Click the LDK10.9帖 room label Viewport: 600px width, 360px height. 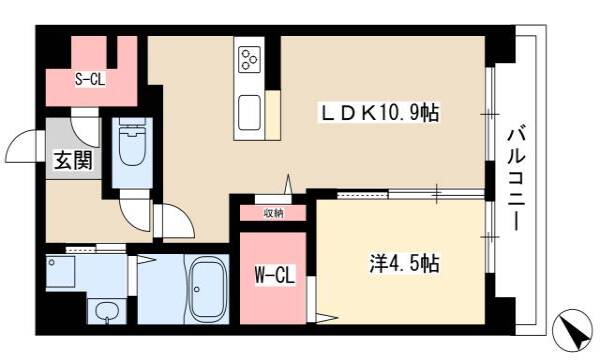[x=380, y=113]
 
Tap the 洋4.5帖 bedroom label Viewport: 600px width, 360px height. [x=404, y=263]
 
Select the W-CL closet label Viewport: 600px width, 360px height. [x=275, y=275]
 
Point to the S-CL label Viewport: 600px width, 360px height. [x=90, y=80]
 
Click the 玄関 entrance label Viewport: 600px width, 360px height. [x=73, y=160]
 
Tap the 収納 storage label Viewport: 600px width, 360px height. [x=273, y=213]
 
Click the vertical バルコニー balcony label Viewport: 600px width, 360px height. [x=516, y=180]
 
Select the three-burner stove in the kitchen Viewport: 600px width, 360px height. [x=249, y=59]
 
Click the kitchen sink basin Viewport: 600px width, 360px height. [x=249, y=113]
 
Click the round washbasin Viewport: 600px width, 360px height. [x=107, y=311]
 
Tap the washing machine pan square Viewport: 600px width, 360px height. [x=60, y=272]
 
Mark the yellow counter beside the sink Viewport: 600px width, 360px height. [x=273, y=115]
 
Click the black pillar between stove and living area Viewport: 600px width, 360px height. [x=273, y=63]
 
